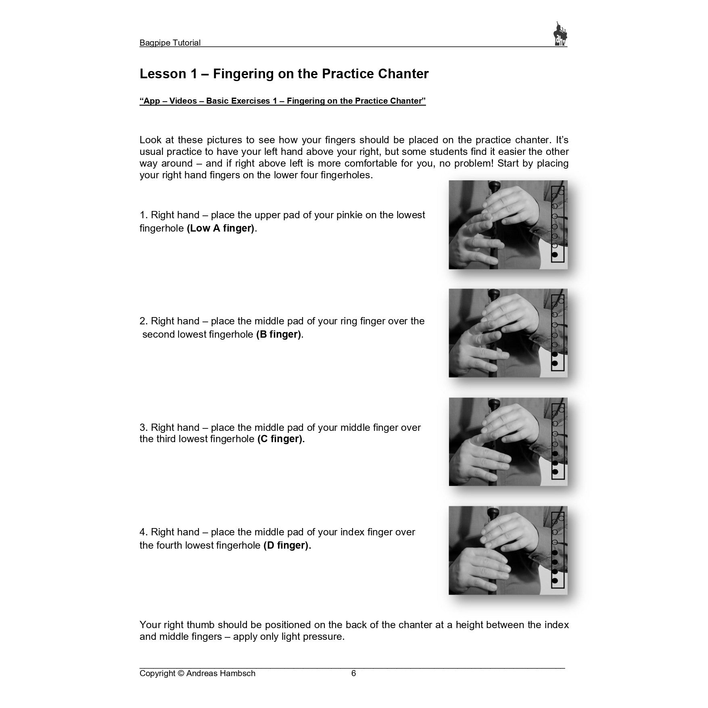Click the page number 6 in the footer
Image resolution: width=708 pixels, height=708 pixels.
point(353,673)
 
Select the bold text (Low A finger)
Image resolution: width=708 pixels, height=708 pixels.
point(221,228)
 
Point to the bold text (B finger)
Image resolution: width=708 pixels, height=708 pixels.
point(278,334)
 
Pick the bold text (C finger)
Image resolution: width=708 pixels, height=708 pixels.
point(280,439)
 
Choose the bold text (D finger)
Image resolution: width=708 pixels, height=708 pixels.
point(286,545)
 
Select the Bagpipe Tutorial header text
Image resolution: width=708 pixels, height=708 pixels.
point(170,43)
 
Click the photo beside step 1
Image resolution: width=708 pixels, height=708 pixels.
point(508,225)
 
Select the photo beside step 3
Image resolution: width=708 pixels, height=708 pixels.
point(508,442)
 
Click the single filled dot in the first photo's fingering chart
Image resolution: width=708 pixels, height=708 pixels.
point(555,255)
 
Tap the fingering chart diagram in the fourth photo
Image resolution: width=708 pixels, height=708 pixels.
point(558,549)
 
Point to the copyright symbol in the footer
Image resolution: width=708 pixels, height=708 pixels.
point(181,673)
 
